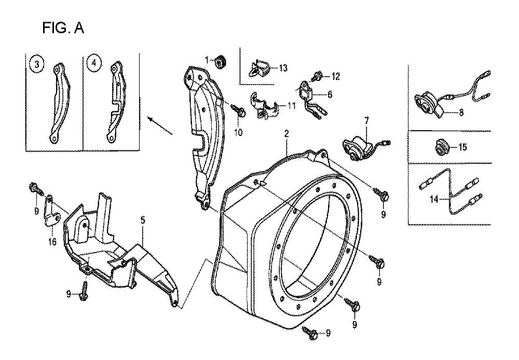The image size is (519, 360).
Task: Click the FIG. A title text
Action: click(x=63, y=29)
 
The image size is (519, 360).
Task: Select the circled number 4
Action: click(x=93, y=63)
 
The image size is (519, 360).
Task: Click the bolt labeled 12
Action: click(x=317, y=77)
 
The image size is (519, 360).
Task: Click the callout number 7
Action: click(x=366, y=121)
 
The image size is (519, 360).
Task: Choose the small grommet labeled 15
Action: click(x=443, y=147)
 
